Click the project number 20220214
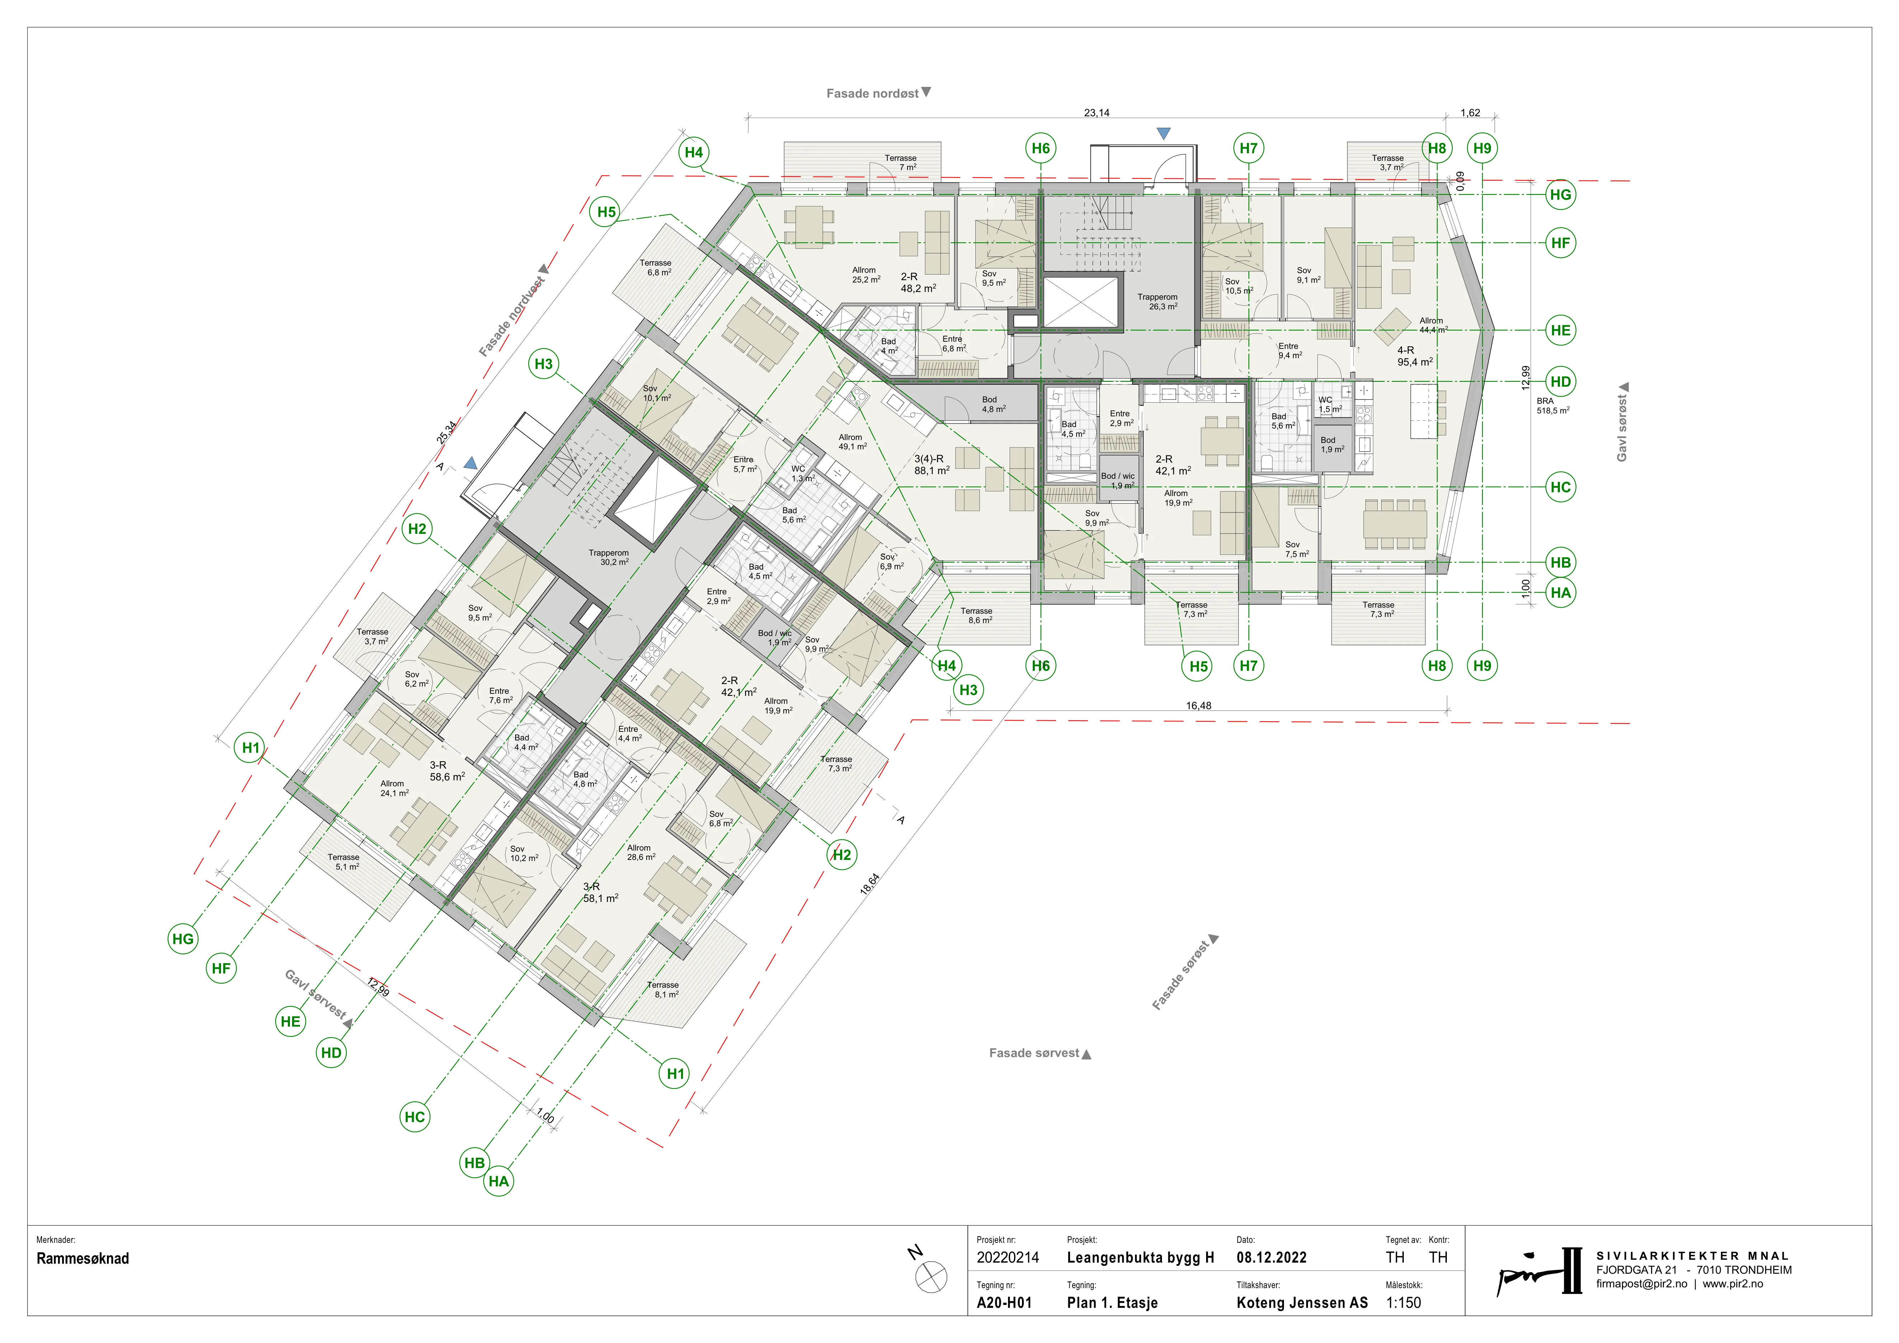click(x=1007, y=1258)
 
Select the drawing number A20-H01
click(x=1004, y=1303)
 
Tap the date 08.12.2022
click(x=1271, y=1258)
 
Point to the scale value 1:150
click(x=1403, y=1303)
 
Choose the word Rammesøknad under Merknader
click(x=83, y=1259)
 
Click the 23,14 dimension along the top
click(x=1097, y=113)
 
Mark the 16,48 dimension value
click(x=1199, y=705)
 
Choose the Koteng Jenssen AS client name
click(x=1302, y=1303)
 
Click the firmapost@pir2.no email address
click(x=1642, y=1284)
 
